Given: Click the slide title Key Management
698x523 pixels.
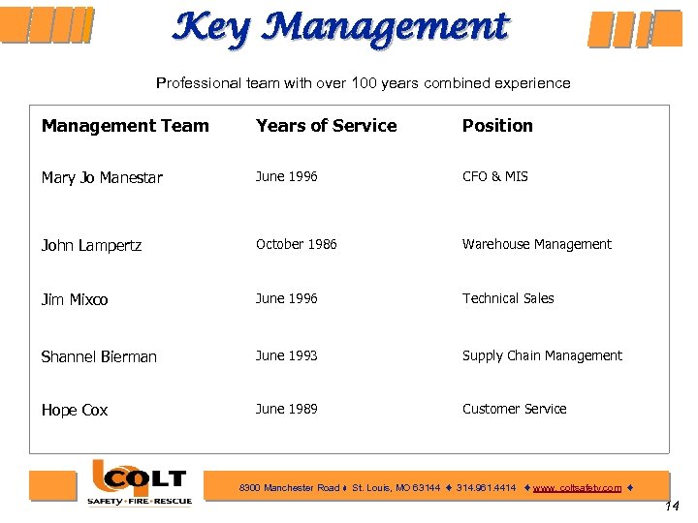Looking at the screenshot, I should coord(339,27).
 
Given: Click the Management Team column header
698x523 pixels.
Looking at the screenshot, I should coord(125,126).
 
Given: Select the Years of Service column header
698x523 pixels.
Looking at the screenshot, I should coord(326,126).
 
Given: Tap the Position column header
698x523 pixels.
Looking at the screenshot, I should coord(497,126).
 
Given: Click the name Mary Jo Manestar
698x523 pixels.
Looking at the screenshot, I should coord(102,178).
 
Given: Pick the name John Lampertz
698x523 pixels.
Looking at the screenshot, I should coord(91,246).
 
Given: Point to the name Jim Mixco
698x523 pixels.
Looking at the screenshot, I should coord(75,300).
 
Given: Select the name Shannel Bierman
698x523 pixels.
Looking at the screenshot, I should coord(99,357).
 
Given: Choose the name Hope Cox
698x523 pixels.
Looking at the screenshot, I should coord(75,411).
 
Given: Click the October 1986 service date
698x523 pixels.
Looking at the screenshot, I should coord(296,245).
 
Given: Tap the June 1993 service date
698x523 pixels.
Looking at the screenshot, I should coord(286,356).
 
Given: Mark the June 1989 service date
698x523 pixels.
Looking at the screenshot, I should coord(286,410).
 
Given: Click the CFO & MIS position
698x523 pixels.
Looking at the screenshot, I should coord(494,177).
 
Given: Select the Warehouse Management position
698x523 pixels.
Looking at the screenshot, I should coord(536,245).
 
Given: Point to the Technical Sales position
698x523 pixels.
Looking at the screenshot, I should coord(508,299).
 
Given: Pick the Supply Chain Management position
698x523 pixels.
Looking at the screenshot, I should coord(542,356).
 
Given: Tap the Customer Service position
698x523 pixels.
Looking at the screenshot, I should coord(514,410).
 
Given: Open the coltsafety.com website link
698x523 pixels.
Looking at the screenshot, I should coord(577,488).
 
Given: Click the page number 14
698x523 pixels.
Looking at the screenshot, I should coord(674,507).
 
